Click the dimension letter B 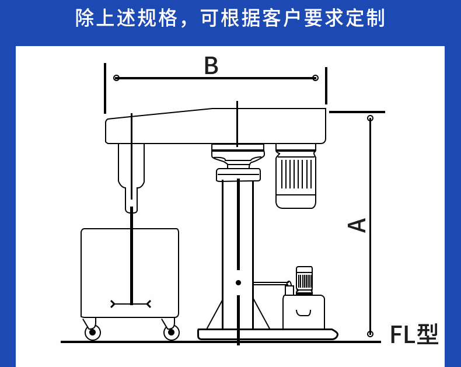(211, 66)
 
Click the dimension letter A (357, 225)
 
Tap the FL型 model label (414, 334)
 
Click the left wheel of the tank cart (92, 333)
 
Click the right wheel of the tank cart (171, 333)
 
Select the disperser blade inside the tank (131, 304)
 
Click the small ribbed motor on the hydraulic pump (304, 279)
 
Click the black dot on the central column (238, 282)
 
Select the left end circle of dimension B (117, 78)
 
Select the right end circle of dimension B (315, 78)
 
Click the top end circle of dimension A (370, 118)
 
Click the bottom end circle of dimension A (370, 334)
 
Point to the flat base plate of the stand (267, 334)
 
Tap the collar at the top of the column (238, 174)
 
